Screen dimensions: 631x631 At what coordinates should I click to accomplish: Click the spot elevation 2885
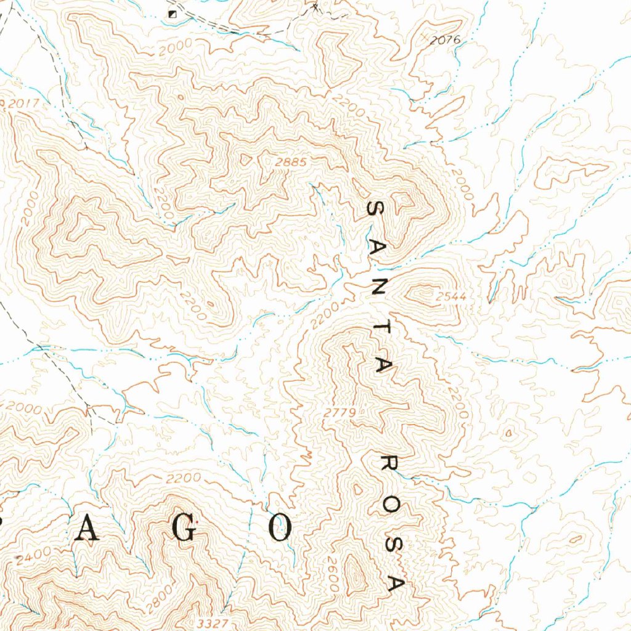(x=291, y=162)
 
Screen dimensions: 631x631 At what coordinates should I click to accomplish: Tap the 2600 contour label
(x=333, y=579)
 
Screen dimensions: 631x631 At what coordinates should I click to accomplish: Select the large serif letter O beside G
(x=281, y=528)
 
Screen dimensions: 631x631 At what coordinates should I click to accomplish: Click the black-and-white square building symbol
(x=173, y=13)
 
